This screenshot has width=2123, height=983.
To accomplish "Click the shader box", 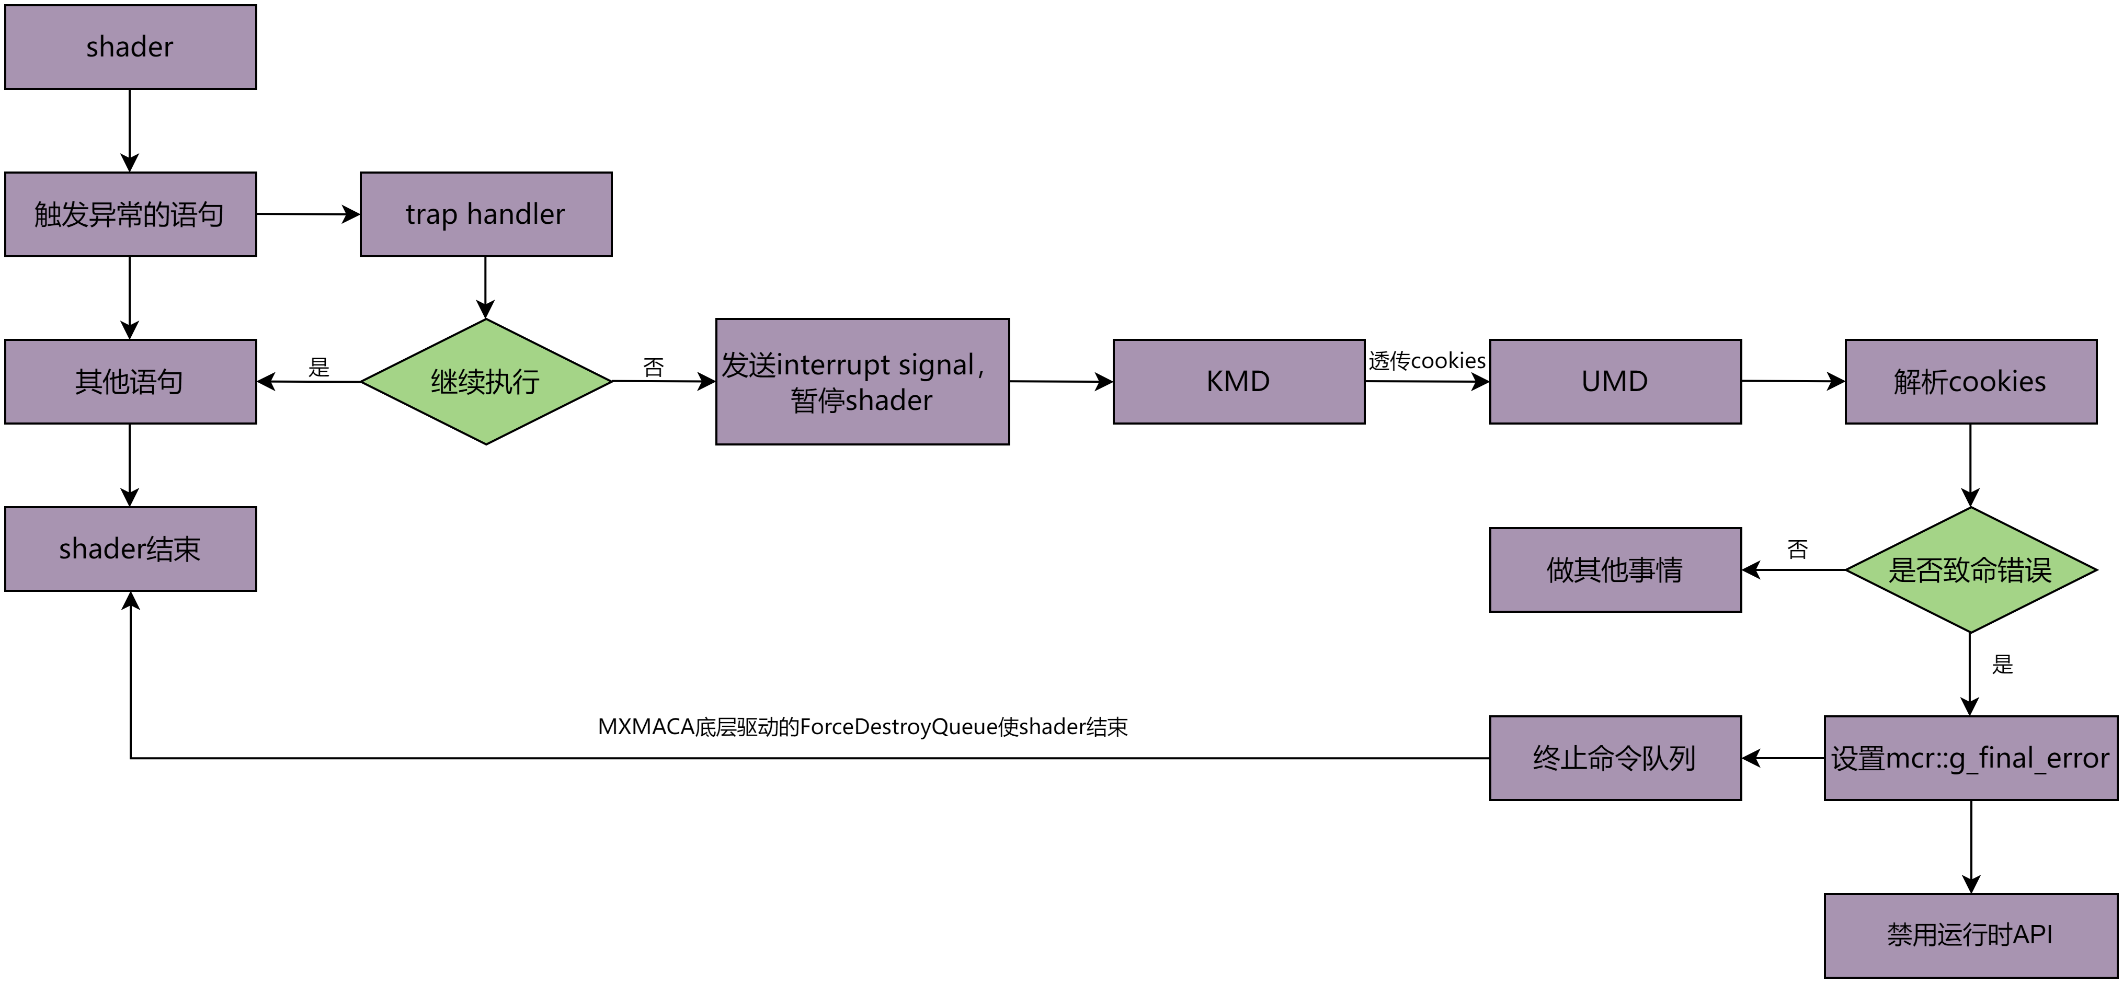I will pos(130,47).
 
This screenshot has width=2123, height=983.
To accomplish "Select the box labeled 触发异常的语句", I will pos(130,214).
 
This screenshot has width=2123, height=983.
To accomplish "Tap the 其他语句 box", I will pos(130,382).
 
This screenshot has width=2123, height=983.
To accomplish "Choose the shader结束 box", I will pos(130,549).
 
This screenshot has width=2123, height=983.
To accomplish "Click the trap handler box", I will pos(485,214).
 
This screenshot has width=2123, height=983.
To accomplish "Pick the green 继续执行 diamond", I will pos(485,382).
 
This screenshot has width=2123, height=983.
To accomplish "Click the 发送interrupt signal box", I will pos(862,382).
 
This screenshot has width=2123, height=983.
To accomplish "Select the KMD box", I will pos(1239,382).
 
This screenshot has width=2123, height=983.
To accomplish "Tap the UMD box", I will pos(1615,382).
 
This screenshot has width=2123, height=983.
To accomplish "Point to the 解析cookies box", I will pos(1970,382).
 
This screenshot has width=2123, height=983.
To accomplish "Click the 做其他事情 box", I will pos(1615,569).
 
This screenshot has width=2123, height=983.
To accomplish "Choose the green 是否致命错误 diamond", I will pos(1970,569).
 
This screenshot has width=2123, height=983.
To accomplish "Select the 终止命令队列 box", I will pos(1615,758).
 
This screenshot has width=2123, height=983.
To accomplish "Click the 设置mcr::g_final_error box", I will pos(1970,758).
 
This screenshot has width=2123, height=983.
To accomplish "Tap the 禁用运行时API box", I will pos(1970,935).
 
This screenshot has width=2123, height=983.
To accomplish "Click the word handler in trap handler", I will pos(516,214).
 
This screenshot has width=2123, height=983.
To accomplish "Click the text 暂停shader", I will pos(862,401).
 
